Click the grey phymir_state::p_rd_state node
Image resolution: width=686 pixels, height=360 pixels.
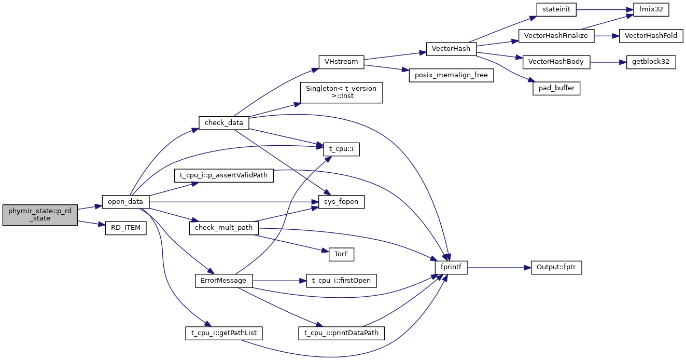pos(39,215)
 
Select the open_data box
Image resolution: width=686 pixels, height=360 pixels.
pos(125,201)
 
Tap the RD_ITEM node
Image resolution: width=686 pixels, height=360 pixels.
pos(125,228)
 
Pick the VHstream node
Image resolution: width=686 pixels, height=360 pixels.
pos(341,62)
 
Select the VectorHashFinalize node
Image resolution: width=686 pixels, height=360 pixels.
pos(556,36)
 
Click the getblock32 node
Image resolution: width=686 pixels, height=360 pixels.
pos(651,62)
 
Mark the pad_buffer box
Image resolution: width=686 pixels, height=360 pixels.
pos(556,88)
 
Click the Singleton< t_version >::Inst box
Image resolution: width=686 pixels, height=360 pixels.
pos(341,92)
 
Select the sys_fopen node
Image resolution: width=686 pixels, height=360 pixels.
pos(341,201)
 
